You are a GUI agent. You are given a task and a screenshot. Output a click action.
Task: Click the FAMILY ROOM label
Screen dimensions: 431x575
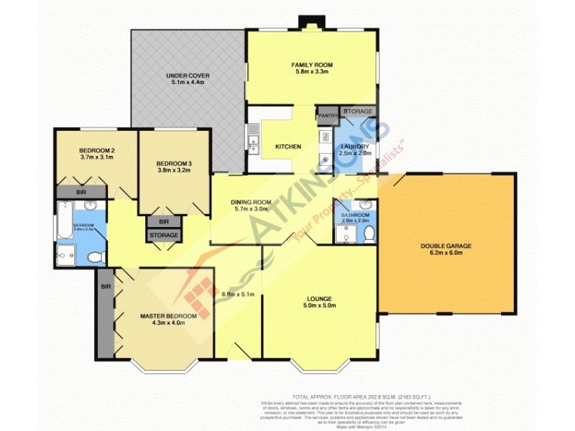point(311,65)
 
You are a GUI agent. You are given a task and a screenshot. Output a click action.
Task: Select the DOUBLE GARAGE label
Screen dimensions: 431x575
point(446,246)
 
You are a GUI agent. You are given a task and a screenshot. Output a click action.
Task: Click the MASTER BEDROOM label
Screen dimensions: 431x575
point(167,316)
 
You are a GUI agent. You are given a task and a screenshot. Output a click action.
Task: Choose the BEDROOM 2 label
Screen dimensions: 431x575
point(96,150)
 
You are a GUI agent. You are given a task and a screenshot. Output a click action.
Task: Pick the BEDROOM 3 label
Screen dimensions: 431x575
point(175,163)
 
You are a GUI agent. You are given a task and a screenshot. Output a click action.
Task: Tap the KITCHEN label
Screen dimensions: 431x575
point(287,147)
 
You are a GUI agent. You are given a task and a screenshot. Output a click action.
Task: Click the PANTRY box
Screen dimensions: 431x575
point(328,116)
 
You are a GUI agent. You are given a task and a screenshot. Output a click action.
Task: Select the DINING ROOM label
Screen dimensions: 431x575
point(250,202)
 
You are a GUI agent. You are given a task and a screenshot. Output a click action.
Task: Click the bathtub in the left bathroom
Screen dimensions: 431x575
point(64,219)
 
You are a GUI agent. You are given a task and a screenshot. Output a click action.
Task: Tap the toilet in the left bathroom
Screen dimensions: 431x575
point(93,256)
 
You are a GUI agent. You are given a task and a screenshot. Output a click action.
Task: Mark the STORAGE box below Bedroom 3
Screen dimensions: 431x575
point(164,235)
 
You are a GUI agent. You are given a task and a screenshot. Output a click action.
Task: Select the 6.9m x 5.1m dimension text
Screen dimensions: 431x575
point(236,294)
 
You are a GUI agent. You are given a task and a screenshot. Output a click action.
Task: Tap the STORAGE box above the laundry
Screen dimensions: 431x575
point(358,111)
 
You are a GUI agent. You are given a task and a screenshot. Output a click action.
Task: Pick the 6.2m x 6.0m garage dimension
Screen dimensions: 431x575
point(446,253)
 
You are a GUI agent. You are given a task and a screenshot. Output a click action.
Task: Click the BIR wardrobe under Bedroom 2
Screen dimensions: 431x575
point(81,193)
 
